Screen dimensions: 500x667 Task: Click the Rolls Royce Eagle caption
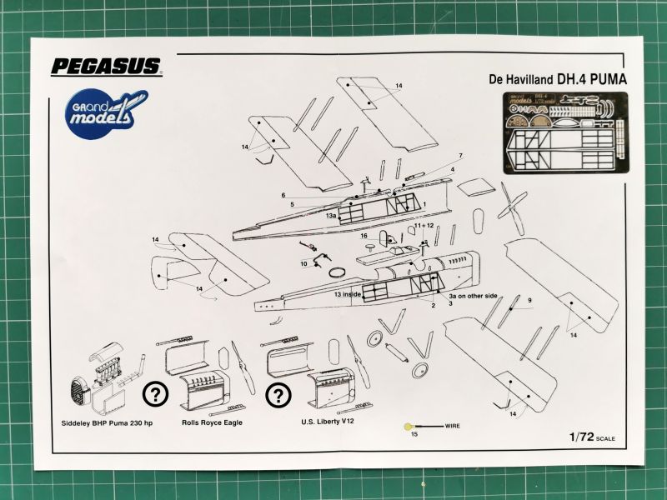[211, 422]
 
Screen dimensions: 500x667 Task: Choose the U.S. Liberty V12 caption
[330, 422]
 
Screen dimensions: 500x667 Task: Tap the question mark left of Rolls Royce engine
[155, 394]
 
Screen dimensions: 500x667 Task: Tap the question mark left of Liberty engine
[278, 394]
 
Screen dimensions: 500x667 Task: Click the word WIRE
[453, 426]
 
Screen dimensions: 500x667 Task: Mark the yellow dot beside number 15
[406, 427]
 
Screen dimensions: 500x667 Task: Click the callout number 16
[364, 236]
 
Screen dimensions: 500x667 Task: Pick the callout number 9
[529, 299]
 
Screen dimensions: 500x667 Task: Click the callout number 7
[459, 156]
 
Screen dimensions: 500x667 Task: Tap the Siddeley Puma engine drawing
[98, 382]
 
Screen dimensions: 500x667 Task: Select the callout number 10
[304, 263]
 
